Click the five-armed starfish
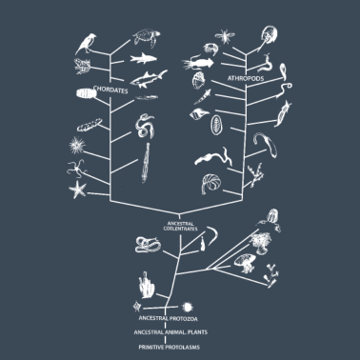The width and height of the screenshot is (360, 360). tap(78, 188)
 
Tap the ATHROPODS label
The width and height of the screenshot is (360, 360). tap(245, 77)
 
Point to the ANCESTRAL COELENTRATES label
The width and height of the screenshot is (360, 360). tap(180, 226)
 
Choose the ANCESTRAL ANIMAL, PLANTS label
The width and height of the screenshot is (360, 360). tap(172, 332)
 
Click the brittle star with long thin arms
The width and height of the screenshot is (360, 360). tap(73, 169)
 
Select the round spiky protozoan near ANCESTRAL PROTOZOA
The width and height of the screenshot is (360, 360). tap(136, 306)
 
